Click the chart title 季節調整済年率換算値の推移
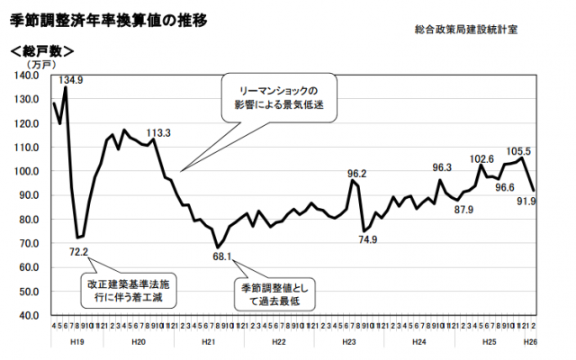pos(109,17)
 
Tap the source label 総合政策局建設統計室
pos(466,31)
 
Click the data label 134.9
pos(71,80)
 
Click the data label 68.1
pos(222,256)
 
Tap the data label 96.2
pos(358,174)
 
